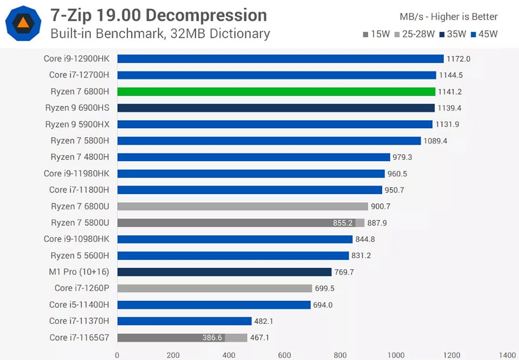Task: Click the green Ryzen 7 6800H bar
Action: pos(276,91)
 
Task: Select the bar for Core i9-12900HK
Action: pos(280,58)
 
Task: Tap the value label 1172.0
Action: pos(458,58)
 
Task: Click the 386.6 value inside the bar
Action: pos(212,337)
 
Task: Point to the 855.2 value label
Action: pos(343,223)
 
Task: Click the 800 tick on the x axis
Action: pos(340,355)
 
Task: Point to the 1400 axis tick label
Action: pos(507,355)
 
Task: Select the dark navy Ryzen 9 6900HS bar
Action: pos(276,108)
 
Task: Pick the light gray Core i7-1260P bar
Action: pos(215,288)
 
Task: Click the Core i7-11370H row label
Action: pos(79,321)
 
